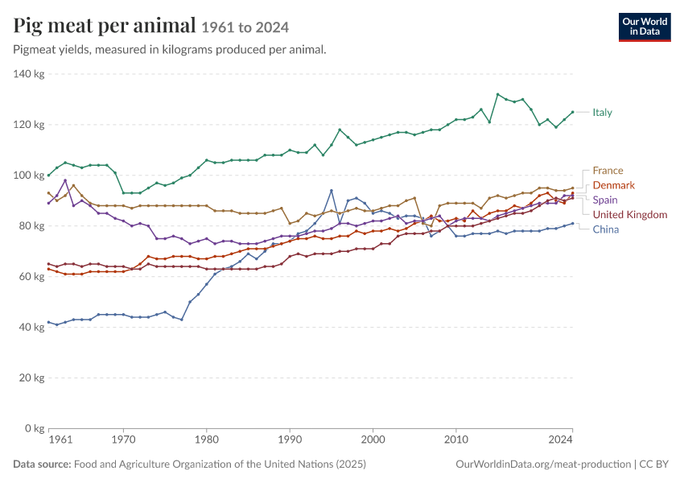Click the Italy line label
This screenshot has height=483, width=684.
click(x=602, y=113)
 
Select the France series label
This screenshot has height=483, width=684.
click(x=608, y=171)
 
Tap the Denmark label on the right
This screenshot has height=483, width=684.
click(x=613, y=185)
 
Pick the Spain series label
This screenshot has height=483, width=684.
click(x=605, y=200)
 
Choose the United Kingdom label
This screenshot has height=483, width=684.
click(x=630, y=215)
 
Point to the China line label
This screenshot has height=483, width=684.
click(x=605, y=229)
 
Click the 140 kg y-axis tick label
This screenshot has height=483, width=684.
click(x=29, y=74)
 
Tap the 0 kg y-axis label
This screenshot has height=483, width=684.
click(x=34, y=428)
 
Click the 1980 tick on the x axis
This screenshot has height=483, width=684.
click(x=206, y=440)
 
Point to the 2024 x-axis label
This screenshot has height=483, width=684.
click(x=560, y=440)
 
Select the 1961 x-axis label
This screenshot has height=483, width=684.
click(x=60, y=440)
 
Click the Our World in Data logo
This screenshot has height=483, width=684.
click(x=645, y=27)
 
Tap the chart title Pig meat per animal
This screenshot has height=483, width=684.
click(x=105, y=25)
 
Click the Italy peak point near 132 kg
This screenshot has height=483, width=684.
click(x=498, y=94)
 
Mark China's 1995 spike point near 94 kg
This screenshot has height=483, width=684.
click(x=332, y=191)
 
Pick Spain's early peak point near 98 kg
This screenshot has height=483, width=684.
click(x=65, y=180)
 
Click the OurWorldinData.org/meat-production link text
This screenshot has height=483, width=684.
click(x=543, y=464)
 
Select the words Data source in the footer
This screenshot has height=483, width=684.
click(x=42, y=464)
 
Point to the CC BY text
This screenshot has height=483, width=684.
click(x=654, y=464)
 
